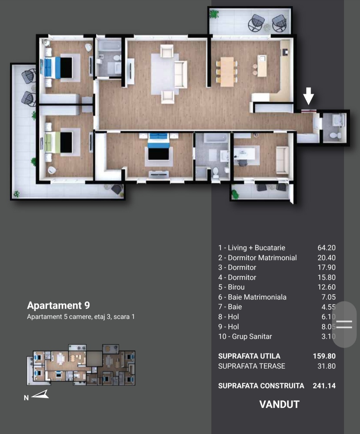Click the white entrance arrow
point(308,96)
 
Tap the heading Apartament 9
point(58,305)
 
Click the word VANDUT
point(279,404)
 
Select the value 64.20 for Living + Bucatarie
point(326,248)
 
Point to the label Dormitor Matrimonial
point(262,258)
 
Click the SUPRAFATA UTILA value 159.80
point(324,356)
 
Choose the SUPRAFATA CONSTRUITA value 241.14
point(324,386)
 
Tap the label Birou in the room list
point(236,287)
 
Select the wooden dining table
point(227,72)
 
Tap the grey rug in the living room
point(165,74)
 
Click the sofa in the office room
point(282,160)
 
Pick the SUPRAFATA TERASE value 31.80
point(326,366)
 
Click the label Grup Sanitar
point(252,336)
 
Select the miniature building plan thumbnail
point(81,365)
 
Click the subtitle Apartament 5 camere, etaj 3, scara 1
point(81,317)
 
